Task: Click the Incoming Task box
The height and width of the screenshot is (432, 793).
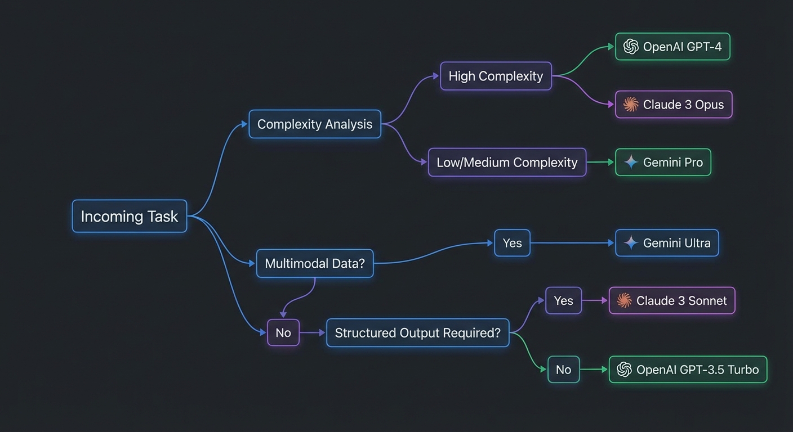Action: pyautogui.click(x=130, y=216)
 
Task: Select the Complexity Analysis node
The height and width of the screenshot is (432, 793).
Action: pyautogui.click(x=315, y=124)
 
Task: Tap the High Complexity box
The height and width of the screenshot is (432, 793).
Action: pyautogui.click(x=496, y=76)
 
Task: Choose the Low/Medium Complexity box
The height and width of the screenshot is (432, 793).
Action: pyautogui.click(x=507, y=163)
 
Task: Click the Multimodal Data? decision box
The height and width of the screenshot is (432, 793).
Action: pyautogui.click(x=315, y=263)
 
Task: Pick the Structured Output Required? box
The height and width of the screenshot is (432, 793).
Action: pyautogui.click(x=417, y=332)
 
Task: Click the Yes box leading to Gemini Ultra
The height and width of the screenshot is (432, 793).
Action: pyautogui.click(x=512, y=243)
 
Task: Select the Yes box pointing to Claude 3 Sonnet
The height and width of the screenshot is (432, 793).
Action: pyautogui.click(x=563, y=300)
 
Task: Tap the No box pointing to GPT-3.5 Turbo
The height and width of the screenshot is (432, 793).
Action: pyautogui.click(x=563, y=370)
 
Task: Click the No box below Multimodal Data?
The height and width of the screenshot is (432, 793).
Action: pyautogui.click(x=283, y=332)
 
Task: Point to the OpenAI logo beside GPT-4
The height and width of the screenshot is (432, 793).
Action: pyautogui.click(x=631, y=47)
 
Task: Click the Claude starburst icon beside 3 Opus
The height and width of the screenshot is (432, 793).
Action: pyautogui.click(x=631, y=105)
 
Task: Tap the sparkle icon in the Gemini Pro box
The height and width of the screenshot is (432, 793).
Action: pyautogui.click(x=631, y=163)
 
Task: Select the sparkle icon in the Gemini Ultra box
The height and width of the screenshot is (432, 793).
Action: pyautogui.click(x=631, y=243)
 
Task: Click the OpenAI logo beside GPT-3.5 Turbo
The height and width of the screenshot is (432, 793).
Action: pyautogui.click(x=624, y=370)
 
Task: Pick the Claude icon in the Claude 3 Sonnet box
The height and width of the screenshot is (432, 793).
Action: pyautogui.click(x=624, y=300)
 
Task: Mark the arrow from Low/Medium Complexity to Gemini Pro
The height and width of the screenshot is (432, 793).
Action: pyautogui.click(x=600, y=163)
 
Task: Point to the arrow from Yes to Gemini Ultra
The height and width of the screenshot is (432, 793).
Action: pyautogui.click(x=572, y=243)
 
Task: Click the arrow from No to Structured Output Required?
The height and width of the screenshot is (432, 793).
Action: pyautogui.click(x=313, y=332)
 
